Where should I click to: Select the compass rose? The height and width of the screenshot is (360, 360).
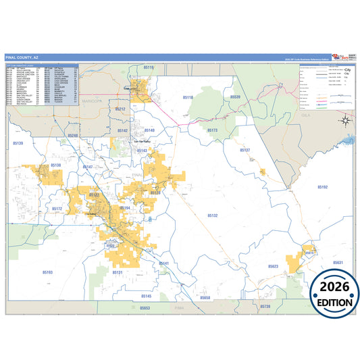click(345, 122)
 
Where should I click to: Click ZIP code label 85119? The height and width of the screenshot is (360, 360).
click(149, 68)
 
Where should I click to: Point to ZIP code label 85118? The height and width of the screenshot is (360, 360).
click(188, 98)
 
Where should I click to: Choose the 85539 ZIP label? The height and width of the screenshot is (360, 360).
click(235, 97)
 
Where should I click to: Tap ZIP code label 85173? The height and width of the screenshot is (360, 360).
click(212, 130)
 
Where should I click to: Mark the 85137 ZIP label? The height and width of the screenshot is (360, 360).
click(245, 150)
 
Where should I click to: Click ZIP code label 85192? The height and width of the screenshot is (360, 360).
click(322, 186)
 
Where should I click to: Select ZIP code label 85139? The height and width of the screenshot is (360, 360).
click(18, 143)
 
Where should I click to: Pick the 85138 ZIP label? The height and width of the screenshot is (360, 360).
click(55, 165)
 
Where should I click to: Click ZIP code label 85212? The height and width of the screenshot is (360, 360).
click(120, 108)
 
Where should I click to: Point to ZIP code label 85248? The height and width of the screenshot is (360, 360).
click(73, 136)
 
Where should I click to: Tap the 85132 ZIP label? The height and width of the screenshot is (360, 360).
click(212, 215)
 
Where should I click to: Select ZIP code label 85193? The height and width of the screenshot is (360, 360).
click(47, 272)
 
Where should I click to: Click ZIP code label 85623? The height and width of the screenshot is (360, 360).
click(272, 266)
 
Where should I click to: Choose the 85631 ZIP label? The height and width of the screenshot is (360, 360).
click(338, 262)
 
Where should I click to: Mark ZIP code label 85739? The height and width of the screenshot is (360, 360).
click(265, 307)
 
